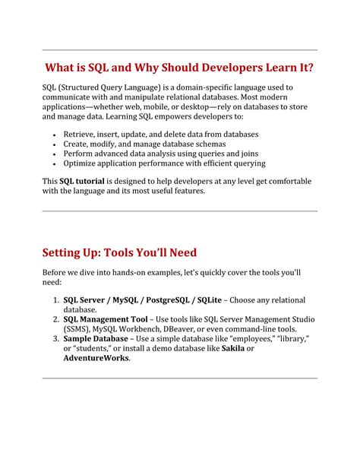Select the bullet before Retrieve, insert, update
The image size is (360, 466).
point(54,134)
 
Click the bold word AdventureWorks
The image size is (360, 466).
point(96,358)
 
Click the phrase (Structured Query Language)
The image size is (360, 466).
point(105,87)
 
